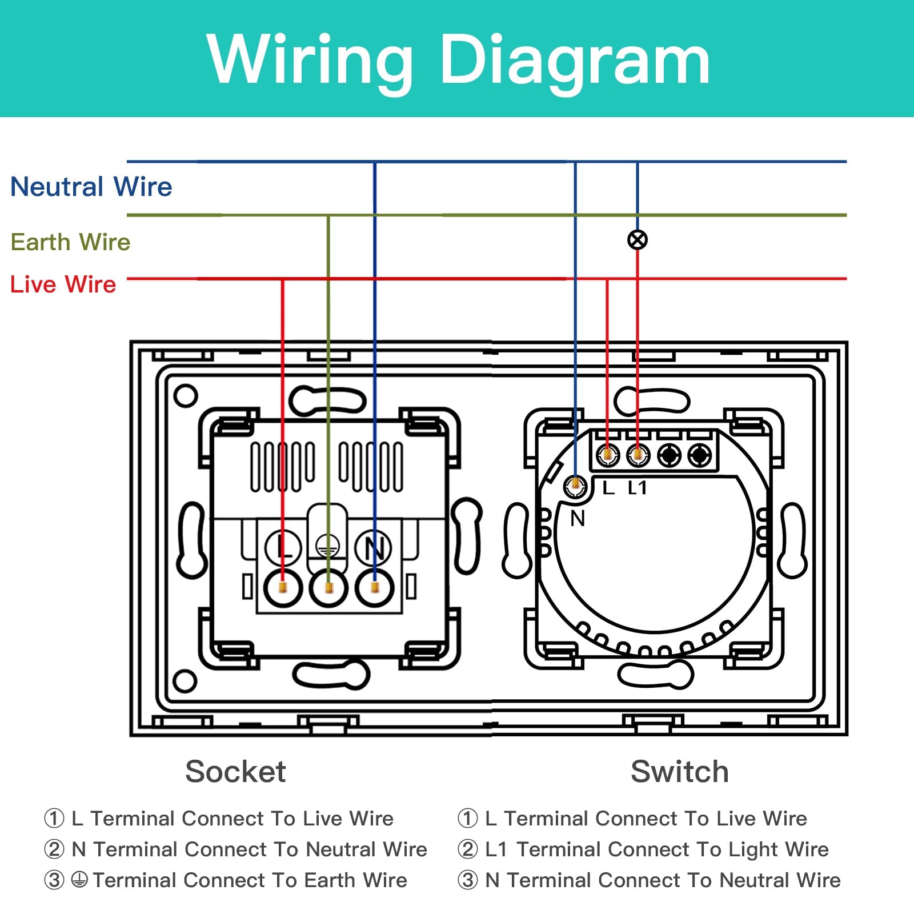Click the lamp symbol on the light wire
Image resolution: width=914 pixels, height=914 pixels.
click(x=638, y=240)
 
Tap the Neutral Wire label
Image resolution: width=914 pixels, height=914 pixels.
click(x=91, y=187)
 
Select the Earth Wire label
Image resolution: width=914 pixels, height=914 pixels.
click(x=70, y=242)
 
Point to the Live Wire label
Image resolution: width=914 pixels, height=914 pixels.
click(x=63, y=284)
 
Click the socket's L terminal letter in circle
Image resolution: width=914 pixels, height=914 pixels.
click(x=283, y=547)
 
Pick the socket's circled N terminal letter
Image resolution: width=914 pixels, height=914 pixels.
click(x=373, y=547)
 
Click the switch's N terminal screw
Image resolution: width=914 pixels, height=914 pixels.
click(x=575, y=486)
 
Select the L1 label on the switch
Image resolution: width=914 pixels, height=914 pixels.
click(x=637, y=488)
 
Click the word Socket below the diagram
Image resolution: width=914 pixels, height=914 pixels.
click(x=235, y=772)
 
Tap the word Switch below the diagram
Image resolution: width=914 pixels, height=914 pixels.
click(x=680, y=772)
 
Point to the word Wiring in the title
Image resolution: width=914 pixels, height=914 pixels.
click(x=310, y=60)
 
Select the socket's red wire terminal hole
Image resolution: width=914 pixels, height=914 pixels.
click(x=283, y=587)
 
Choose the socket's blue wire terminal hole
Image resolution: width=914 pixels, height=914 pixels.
click(x=374, y=587)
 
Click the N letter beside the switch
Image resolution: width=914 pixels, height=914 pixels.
click(x=578, y=519)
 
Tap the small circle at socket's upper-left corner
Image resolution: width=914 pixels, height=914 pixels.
click(x=185, y=395)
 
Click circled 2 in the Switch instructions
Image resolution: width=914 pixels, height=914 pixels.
click(x=468, y=849)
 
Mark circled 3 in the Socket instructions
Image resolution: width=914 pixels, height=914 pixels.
click(x=54, y=880)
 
